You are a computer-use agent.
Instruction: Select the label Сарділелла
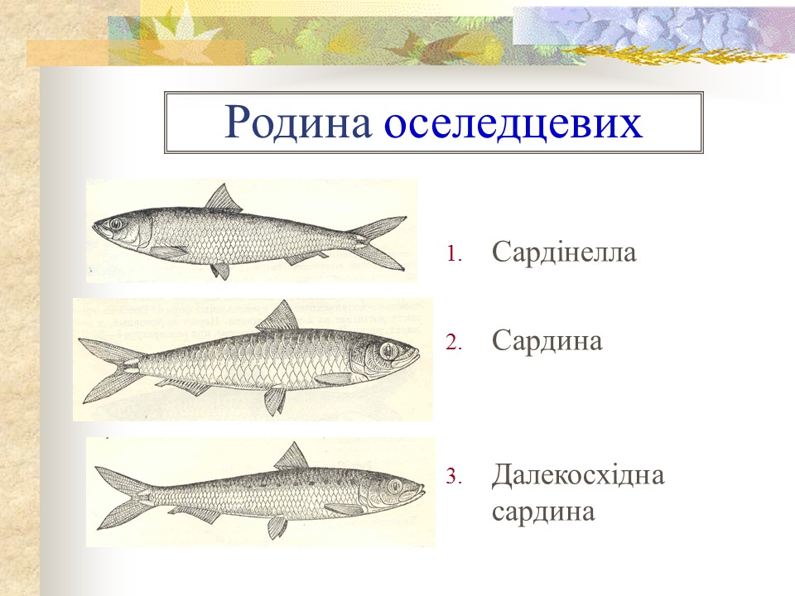tap(563, 252)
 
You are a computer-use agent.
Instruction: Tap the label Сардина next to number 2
tap(547, 340)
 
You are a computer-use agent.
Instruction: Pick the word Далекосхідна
tap(577, 476)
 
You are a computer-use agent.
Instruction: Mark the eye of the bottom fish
tap(394, 485)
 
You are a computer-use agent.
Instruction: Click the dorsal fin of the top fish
tap(224, 199)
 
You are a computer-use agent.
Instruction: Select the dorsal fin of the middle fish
tap(279, 316)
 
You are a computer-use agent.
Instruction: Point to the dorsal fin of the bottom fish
tap(291, 456)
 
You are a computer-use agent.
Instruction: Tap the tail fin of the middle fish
tap(108, 369)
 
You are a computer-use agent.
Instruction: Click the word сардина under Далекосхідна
tap(543, 512)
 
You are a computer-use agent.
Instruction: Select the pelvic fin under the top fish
tap(220, 270)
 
